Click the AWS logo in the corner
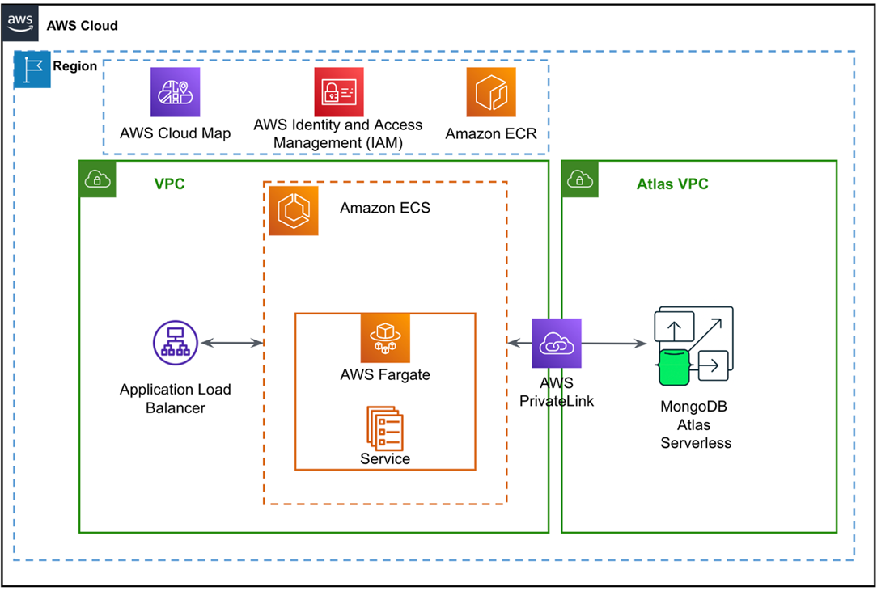(x=22, y=24)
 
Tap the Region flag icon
(x=32, y=70)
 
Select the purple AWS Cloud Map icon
(x=175, y=92)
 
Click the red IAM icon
(x=338, y=92)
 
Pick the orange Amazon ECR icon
(x=490, y=92)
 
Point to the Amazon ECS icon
(x=293, y=211)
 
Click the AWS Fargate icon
(x=385, y=337)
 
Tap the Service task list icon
(x=385, y=427)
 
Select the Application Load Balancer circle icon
(x=175, y=343)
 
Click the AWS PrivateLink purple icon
(x=557, y=343)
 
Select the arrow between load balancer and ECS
(x=232, y=343)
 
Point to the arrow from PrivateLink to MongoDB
(x=615, y=344)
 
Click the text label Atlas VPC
(x=672, y=184)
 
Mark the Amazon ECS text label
(x=385, y=208)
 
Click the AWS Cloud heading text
(x=83, y=25)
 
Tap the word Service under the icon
(x=385, y=459)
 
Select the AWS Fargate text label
(x=385, y=374)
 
